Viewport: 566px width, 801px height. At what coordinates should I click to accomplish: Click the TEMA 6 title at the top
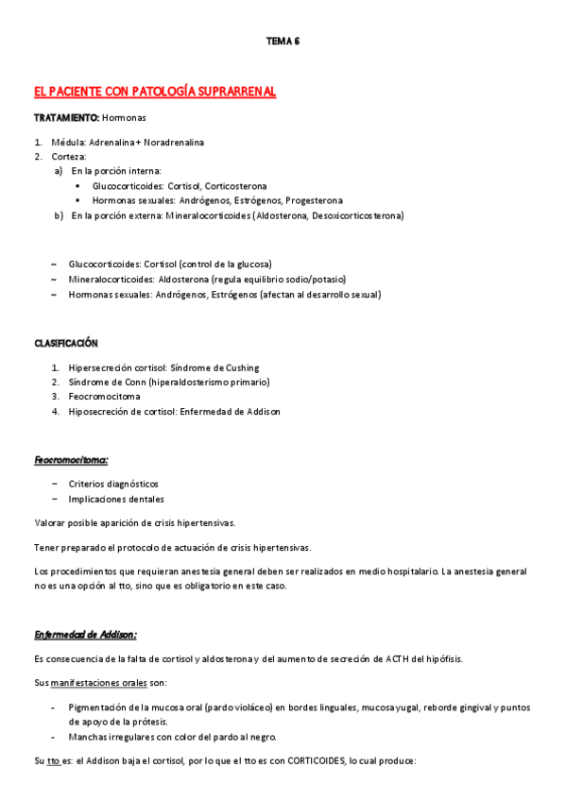[283, 41]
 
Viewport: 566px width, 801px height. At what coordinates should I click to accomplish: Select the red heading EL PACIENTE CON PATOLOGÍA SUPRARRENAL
[154, 92]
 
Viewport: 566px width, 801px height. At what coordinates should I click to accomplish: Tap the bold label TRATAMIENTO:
[66, 118]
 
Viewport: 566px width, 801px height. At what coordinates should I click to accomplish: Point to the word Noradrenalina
[175, 143]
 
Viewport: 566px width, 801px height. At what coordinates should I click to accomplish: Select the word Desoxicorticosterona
[356, 215]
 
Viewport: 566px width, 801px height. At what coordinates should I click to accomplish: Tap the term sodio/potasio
[316, 280]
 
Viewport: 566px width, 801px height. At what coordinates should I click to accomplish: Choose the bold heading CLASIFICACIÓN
[66, 343]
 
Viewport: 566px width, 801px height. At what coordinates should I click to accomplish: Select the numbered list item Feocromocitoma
[105, 397]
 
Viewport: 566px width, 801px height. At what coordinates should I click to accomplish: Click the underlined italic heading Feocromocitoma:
[71, 460]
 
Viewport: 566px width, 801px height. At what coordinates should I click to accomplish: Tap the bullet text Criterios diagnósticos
[113, 484]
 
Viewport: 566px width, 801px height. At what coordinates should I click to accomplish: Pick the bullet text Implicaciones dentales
[116, 499]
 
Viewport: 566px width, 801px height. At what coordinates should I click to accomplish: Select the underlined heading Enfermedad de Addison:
[86, 634]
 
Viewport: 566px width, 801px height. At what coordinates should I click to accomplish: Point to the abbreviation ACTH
[401, 658]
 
